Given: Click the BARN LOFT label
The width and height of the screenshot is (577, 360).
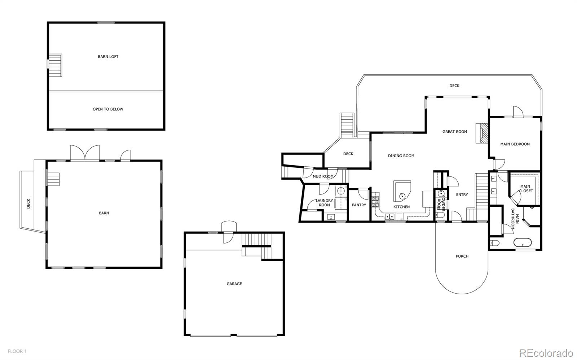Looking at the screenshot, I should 108,57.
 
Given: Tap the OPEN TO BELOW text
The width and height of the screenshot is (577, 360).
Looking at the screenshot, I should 108,109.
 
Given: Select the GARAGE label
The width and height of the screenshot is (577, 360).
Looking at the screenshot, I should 234,284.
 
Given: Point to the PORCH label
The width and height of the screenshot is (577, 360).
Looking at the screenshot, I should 462,256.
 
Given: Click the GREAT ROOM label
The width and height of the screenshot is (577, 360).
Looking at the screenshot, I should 455,132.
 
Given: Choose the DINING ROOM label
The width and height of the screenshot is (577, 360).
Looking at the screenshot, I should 401,156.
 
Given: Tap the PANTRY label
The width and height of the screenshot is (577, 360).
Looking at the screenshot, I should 359,205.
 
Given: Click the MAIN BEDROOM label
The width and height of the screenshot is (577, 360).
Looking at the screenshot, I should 515,144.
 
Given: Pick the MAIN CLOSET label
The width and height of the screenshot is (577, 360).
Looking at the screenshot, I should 525,189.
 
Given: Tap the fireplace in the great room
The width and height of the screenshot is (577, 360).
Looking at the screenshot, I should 482,133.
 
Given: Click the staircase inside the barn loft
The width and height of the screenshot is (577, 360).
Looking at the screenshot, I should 55,65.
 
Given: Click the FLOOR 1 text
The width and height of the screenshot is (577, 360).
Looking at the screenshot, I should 17,351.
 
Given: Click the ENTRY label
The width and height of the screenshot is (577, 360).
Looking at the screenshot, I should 462,194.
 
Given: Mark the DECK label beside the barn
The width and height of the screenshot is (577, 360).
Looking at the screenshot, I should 28,204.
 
